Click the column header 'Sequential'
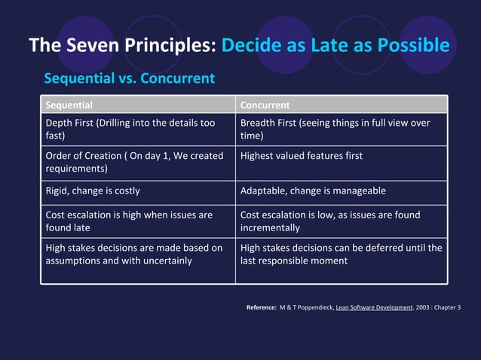tap(69, 105)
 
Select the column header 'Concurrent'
tap(265, 105)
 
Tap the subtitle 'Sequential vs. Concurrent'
tap(129, 78)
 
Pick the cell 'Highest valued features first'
tap(302, 156)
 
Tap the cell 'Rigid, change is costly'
tap(93, 191)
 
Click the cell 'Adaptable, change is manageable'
tap(313, 191)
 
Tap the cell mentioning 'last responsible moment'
tap(341, 254)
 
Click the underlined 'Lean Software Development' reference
tap(372, 308)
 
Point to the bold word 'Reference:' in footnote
tap(261, 308)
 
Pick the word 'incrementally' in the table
tap(270, 227)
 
